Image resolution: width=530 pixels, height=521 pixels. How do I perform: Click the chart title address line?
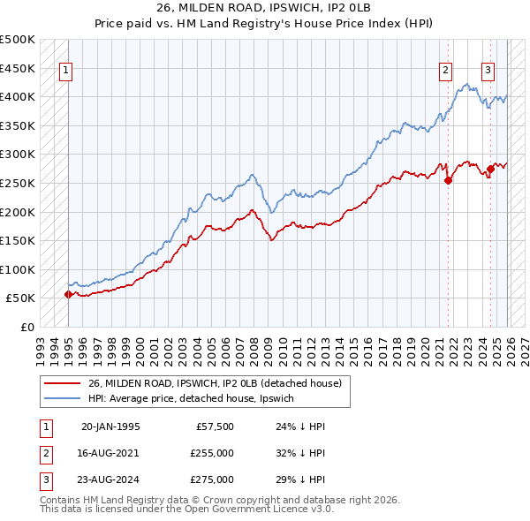point(264,10)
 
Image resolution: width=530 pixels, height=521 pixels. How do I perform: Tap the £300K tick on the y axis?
point(18,155)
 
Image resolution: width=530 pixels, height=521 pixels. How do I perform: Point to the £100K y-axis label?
point(18,269)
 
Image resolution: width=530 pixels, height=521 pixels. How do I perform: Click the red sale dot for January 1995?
point(69,294)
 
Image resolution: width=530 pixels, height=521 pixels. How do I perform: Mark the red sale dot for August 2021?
point(448,180)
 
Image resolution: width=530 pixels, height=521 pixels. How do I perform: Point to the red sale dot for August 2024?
point(490,169)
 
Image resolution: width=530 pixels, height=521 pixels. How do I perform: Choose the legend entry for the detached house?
point(220,383)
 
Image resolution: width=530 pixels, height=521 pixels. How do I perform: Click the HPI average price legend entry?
point(196,399)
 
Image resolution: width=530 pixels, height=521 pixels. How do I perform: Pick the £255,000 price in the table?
point(213,453)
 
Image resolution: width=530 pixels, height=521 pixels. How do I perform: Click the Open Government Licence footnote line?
point(187,510)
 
